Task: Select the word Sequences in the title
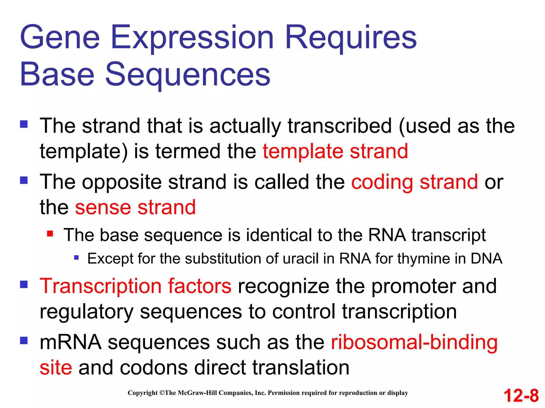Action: (x=188, y=74)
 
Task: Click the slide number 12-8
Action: (x=521, y=396)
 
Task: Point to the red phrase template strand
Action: (x=335, y=151)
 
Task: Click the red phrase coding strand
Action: (x=414, y=182)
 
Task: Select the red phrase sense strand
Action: (x=135, y=207)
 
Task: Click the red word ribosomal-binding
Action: (x=414, y=342)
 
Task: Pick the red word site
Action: (x=56, y=368)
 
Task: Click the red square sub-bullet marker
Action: (x=50, y=234)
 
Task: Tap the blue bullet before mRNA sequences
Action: (x=24, y=341)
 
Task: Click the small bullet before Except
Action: (x=76, y=257)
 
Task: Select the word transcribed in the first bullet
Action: (x=340, y=126)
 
